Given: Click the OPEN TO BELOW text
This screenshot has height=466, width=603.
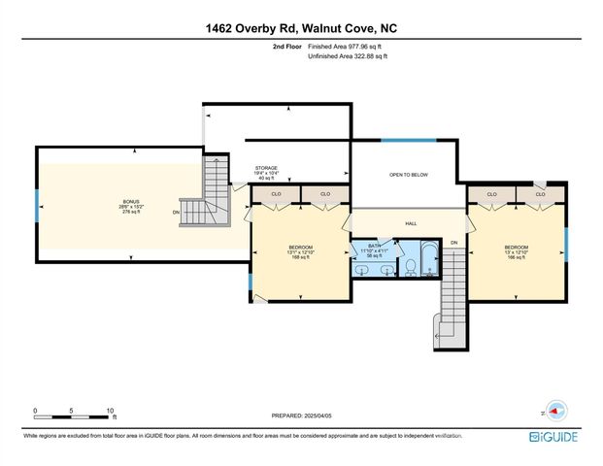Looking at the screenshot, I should (x=409, y=176).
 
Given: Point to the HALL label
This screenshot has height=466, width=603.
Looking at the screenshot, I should (x=411, y=223).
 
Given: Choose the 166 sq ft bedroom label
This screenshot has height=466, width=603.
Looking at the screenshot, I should (x=516, y=251).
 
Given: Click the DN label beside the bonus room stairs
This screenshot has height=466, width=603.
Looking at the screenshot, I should (x=176, y=212).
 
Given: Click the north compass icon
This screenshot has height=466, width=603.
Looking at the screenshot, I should (x=554, y=409).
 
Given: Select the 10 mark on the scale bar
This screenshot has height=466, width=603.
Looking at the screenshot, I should (x=112, y=411).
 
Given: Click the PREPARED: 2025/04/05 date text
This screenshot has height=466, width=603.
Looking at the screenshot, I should (x=301, y=415).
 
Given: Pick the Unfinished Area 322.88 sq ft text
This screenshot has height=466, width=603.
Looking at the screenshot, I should (x=348, y=57).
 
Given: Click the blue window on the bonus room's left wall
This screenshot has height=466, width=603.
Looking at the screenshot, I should (x=37, y=205).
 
